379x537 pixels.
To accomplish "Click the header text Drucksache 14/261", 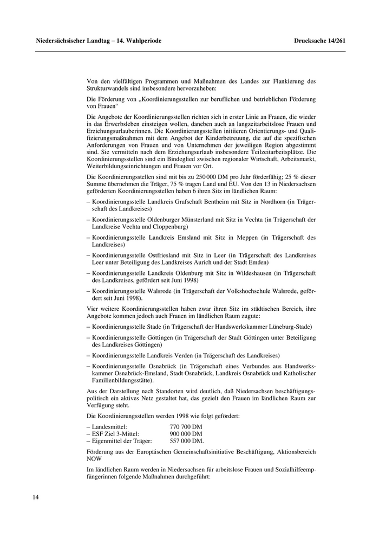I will point(319,41).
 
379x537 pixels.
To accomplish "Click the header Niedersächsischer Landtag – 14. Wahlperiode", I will point(99,41).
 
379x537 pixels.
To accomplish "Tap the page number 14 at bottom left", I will point(36,497).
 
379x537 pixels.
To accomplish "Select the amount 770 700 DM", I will point(186,427).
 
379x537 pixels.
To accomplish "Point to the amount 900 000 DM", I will point(186,434).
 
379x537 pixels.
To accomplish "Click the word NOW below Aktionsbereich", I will point(94,458).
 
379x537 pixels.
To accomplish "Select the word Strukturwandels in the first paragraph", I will point(109,88).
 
